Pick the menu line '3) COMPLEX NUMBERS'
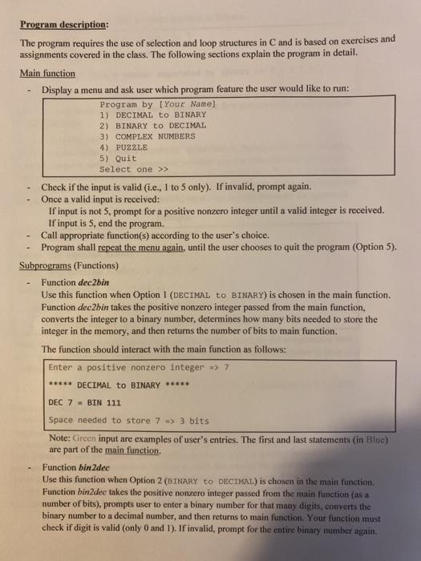(148, 137)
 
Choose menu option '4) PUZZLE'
(123, 148)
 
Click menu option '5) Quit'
(119, 159)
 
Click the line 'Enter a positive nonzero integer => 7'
(139, 368)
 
